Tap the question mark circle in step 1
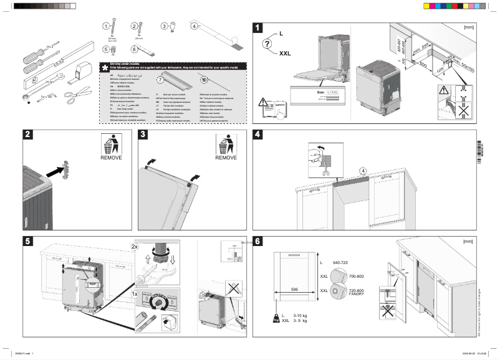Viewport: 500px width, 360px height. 267,44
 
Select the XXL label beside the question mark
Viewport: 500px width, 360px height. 285,54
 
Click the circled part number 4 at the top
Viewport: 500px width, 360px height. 194,27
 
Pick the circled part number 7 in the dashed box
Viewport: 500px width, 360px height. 160,80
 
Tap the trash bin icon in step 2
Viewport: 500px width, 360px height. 110,146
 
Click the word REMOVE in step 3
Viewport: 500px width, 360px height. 226,158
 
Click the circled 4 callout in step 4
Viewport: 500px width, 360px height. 363,170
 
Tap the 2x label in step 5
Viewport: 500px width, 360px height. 135,247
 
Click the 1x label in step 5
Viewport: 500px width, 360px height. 135,293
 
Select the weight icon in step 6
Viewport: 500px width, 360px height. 275,318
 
